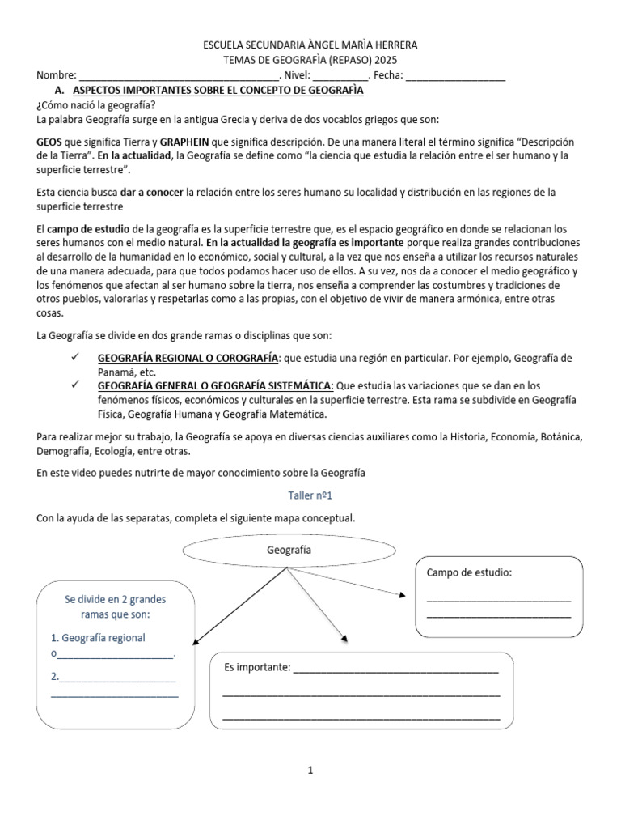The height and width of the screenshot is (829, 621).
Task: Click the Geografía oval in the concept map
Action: tap(288, 550)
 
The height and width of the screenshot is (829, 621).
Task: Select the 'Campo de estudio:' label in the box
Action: tap(469, 573)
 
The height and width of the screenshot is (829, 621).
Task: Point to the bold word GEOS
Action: tap(50, 141)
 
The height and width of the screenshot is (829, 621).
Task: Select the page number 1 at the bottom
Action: tap(310, 772)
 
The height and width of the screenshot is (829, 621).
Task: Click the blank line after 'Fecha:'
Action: tap(454, 77)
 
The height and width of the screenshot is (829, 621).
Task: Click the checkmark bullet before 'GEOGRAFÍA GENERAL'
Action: tap(75, 385)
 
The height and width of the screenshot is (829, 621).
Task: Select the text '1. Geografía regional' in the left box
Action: tap(98, 637)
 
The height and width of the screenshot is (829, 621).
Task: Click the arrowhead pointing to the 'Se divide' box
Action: tap(197, 638)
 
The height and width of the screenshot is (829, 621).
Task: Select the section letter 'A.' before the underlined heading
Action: tap(58, 91)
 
